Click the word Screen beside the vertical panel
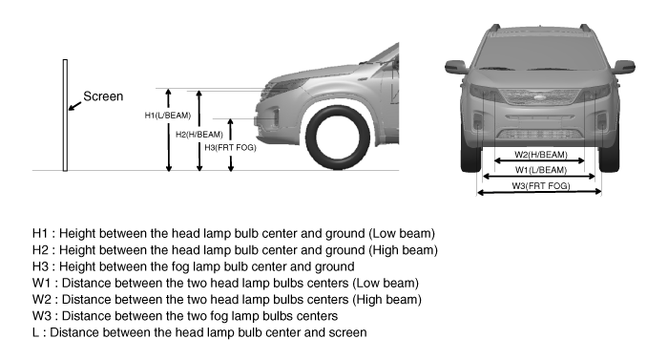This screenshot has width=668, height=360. click(103, 96)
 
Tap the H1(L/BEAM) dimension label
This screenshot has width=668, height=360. click(167, 116)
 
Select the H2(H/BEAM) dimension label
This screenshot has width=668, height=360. click(198, 135)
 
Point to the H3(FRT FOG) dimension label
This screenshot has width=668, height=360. click(230, 148)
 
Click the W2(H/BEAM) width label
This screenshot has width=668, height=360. click(541, 155)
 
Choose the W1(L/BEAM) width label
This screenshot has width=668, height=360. click(541, 170)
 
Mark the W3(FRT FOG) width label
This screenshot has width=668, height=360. click(541, 185)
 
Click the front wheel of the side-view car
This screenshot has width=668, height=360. click(338, 138)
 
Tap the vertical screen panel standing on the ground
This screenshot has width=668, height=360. click(65, 116)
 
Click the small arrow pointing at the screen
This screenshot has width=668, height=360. click(74, 106)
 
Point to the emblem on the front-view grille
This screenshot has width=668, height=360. click(541, 98)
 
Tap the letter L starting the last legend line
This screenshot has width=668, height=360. click(35, 332)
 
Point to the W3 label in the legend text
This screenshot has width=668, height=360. click(41, 316)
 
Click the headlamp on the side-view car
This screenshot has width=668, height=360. click(283, 86)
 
